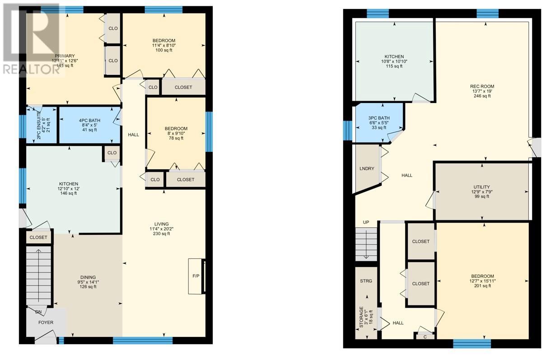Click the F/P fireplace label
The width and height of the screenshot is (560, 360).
tap(196, 276)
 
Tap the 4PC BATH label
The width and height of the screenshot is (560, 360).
tap(89, 120)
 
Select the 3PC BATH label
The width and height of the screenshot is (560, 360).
tap(379, 118)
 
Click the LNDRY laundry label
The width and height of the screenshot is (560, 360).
tap(367, 168)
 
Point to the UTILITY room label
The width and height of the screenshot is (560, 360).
tap(481, 187)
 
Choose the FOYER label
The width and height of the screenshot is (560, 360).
tap(46, 323)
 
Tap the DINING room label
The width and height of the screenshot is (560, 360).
tap(88, 277)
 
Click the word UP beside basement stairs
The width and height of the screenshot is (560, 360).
tap(366, 222)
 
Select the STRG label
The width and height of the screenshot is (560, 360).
tap(366, 281)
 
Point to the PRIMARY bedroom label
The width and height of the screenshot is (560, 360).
tap(65, 56)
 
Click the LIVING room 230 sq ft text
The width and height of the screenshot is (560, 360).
tap(162, 234)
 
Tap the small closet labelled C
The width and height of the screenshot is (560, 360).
tap(425, 337)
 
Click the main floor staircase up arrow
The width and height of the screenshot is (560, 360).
tap(38, 275)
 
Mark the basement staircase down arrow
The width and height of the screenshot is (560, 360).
tap(366, 244)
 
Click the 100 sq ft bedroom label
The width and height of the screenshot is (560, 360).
tap(164, 50)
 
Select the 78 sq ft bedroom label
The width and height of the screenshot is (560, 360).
tap(176, 138)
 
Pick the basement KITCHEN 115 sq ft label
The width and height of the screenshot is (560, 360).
tap(394, 66)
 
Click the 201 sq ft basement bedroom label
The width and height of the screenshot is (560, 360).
tap(482, 286)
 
